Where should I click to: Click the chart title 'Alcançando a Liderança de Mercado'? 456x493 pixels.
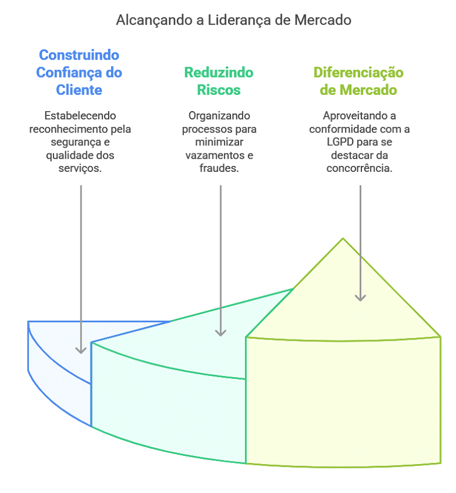coord(233,20)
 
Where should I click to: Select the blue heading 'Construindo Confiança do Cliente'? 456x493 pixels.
coord(79,72)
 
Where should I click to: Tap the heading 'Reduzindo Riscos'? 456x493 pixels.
coord(219,81)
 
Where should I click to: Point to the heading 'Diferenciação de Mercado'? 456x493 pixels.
coord(358,81)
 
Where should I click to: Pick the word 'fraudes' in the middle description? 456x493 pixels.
coord(219,168)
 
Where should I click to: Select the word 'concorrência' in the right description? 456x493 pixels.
coord(360,168)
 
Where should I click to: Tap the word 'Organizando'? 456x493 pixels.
coord(219,116)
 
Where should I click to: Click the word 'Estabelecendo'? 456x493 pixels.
coord(81,116)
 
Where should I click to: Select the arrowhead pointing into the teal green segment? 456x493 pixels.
coord(220,332)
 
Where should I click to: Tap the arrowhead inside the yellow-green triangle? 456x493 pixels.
coord(360,298)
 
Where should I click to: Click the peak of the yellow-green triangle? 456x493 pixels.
coord(343,239)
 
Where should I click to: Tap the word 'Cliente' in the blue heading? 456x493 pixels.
coord(79,90)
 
